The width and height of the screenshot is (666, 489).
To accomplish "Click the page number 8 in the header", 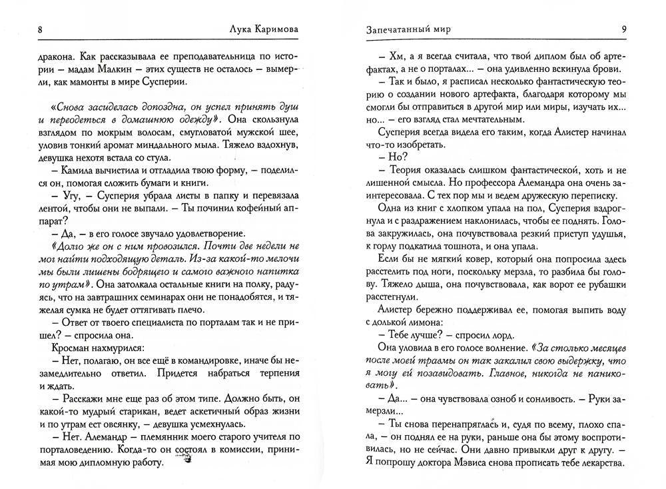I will (41, 29).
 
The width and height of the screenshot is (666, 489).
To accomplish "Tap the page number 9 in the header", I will (623, 29).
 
